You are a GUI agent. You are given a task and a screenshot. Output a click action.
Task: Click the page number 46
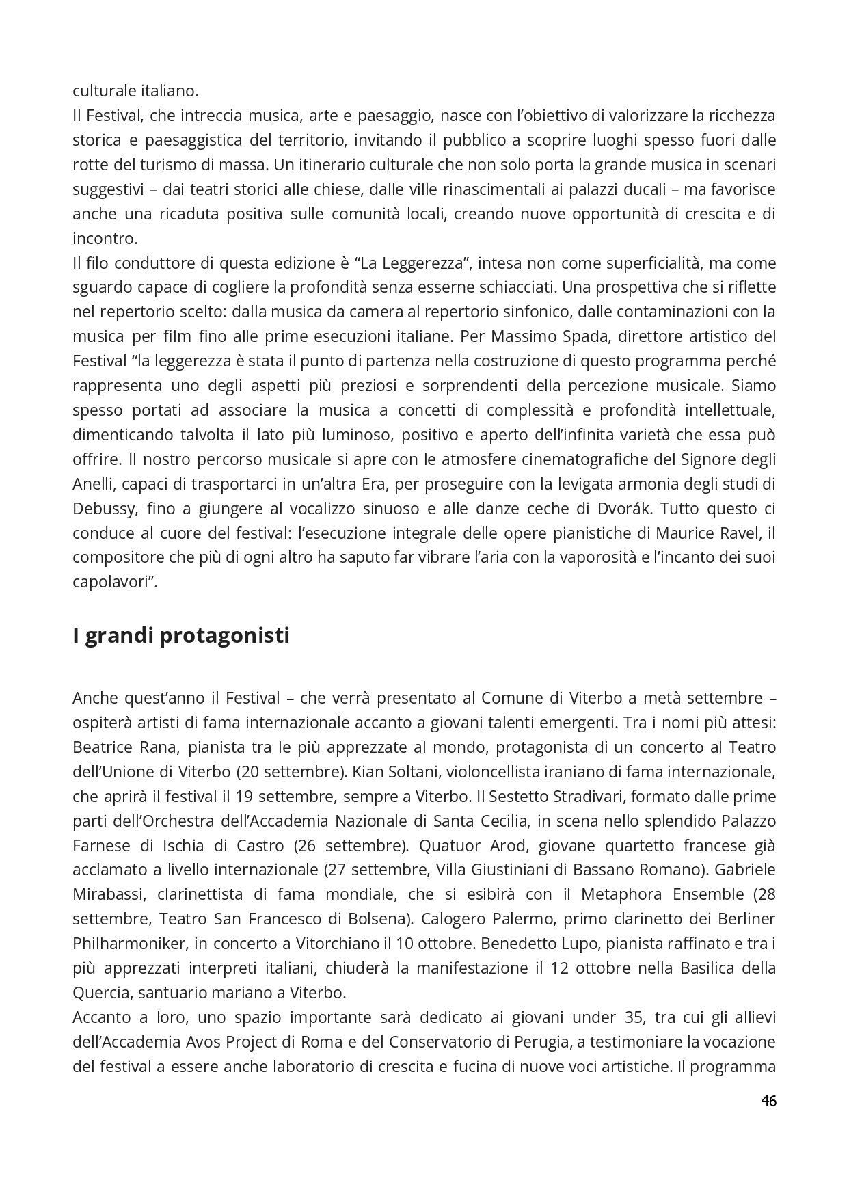pyautogui.click(x=768, y=1101)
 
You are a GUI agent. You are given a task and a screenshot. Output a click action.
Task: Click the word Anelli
pyautogui.click(x=93, y=484)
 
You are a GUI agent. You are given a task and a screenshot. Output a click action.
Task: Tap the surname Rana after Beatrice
pyautogui.click(x=159, y=747)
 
